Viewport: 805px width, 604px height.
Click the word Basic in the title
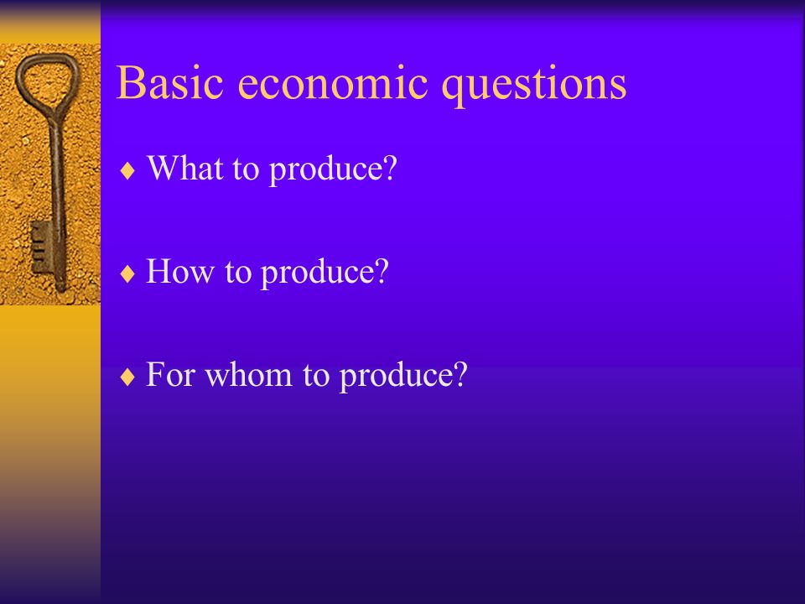pos(170,82)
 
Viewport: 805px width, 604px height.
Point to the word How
pos(179,270)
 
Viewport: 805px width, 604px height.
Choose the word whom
pos(248,374)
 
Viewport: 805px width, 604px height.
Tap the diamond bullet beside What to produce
pos(127,170)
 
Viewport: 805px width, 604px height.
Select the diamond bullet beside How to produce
pos(127,273)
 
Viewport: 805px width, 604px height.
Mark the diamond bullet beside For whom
pos(127,377)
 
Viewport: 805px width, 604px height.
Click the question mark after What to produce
pos(390,167)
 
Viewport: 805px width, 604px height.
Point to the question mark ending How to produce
pos(382,270)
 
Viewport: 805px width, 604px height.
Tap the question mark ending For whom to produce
pos(460,374)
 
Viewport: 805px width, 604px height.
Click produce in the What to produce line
pos(325,169)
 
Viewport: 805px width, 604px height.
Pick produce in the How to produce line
pos(317,273)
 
